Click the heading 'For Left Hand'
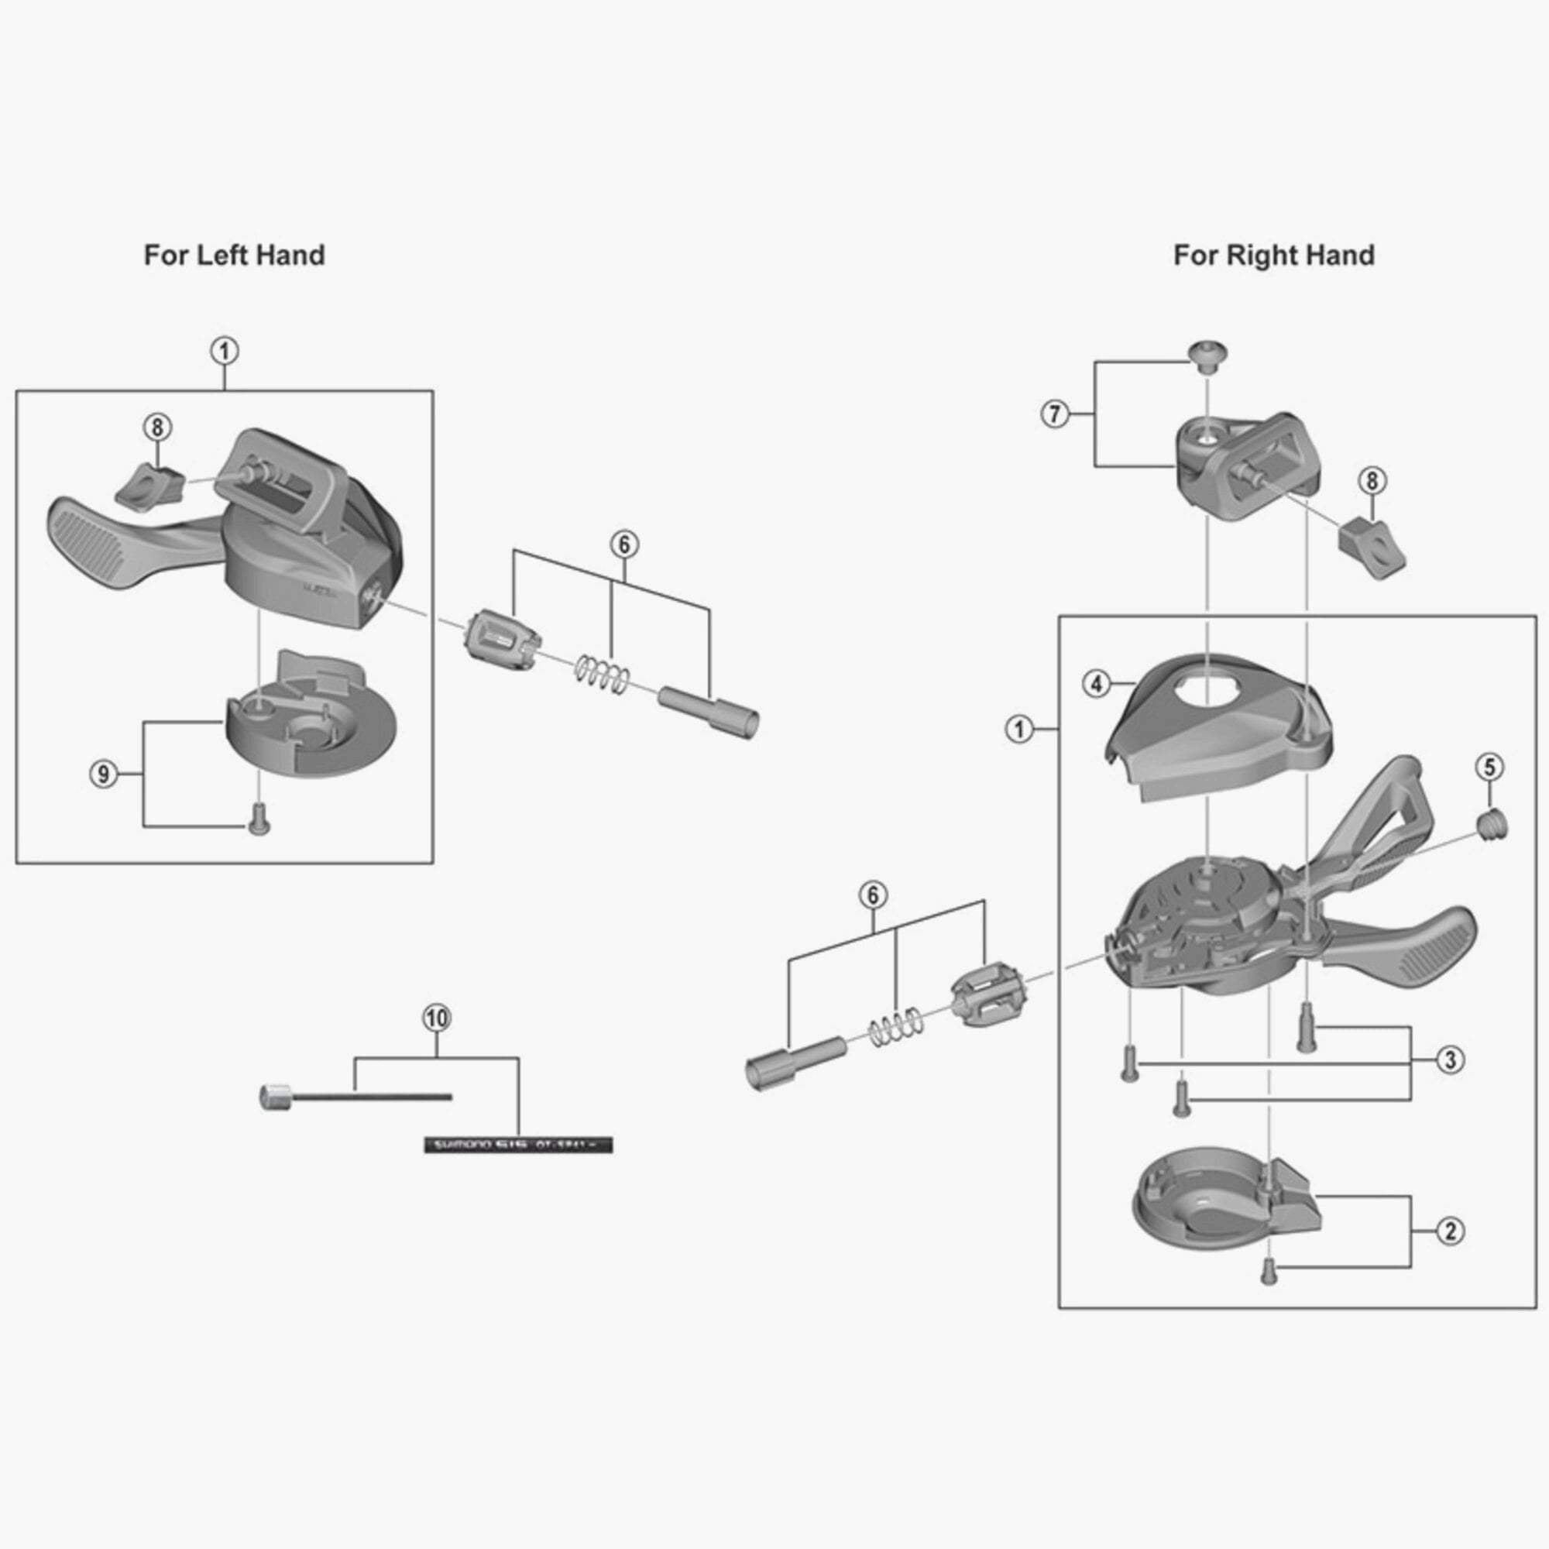[234, 255]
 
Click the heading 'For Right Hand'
[1274, 255]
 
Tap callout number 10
[436, 1018]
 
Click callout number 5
[1489, 768]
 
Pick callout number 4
[1096, 685]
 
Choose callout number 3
[1450, 1060]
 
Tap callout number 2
[1450, 1231]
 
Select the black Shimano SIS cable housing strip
[518, 1144]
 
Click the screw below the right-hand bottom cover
[1269, 1272]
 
